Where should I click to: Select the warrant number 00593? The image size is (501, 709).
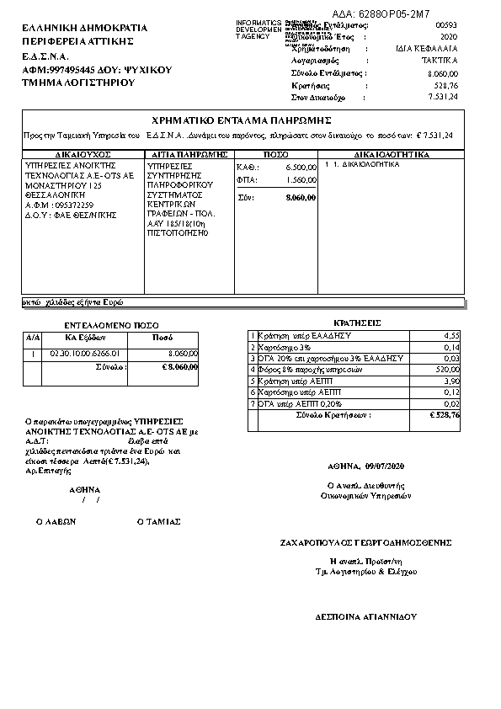point(447,27)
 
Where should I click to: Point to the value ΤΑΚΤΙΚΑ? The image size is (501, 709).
point(440,61)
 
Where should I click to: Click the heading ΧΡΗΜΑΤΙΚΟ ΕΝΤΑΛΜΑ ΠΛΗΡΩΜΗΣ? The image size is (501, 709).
point(241,120)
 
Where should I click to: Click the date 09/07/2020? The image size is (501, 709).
point(386,466)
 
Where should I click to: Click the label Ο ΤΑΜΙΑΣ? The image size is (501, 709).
point(158,521)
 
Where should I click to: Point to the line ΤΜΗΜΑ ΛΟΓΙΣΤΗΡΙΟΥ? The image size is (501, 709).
point(79,84)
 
